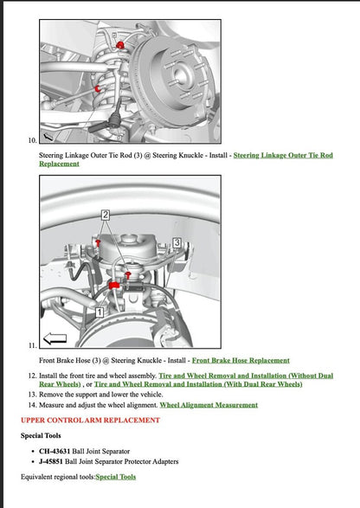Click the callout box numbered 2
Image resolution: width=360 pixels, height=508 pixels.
pos(106,213)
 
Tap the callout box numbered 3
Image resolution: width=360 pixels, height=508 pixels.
pos(177,243)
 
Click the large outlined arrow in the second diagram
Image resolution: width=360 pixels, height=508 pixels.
pos(55,338)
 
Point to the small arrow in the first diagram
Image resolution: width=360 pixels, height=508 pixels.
pos(48,135)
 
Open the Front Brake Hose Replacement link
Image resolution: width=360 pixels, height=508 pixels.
pos(241,360)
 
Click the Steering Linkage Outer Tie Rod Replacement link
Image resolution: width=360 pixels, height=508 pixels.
pos(283,155)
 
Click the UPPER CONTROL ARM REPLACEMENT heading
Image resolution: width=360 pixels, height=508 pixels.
pos(90,420)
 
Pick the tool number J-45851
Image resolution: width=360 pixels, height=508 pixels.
pos(54,461)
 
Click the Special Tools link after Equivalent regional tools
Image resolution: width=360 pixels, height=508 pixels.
pos(115,477)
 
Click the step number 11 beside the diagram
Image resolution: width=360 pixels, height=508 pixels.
pos(32,345)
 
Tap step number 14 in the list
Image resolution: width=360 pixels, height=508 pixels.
pos(32,404)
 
